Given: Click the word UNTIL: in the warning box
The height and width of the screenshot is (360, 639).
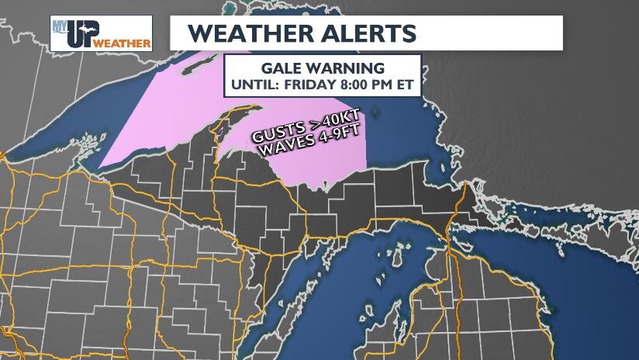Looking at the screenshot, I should [259, 83].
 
